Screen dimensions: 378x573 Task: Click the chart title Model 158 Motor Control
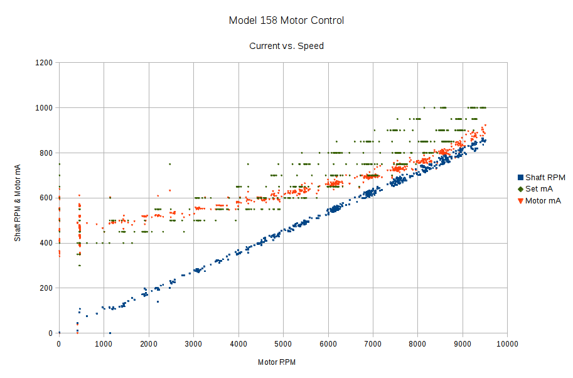tap(286, 21)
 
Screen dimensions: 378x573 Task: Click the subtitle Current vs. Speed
tap(286, 46)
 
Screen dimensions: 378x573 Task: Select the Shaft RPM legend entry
tap(544, 178)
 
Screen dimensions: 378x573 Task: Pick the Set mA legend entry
tap(539, 189)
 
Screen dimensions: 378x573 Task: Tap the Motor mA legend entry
tap(543, 201)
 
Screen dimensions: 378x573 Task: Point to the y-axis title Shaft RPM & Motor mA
tap(18, 198)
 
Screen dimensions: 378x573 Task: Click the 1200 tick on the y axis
tap(43, 63)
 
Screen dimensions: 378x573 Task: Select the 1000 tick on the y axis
tap(43, 108)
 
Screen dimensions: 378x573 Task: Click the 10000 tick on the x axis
tap(507, 343)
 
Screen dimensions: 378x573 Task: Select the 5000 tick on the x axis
tap(283, 343)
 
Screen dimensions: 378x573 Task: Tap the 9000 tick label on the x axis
tap(463, 343)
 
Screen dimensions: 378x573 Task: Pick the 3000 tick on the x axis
tap(193, 343)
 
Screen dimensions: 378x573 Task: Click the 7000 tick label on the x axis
tap(373, 343)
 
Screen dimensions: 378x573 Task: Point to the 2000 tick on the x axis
tap(149, 343)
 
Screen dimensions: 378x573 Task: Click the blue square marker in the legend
tap(520, 178)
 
